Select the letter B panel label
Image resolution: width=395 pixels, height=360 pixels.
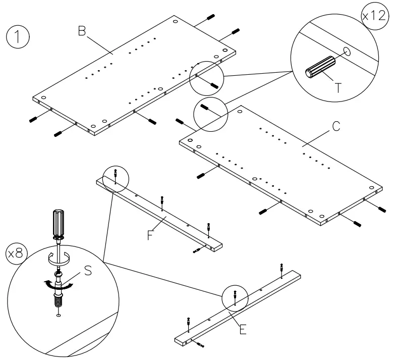pos(81,31)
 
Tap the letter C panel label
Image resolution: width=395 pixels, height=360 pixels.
pos(335,128)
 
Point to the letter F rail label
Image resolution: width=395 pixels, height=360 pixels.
pos(149,235)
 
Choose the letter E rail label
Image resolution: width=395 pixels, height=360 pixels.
pos(243,330)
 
